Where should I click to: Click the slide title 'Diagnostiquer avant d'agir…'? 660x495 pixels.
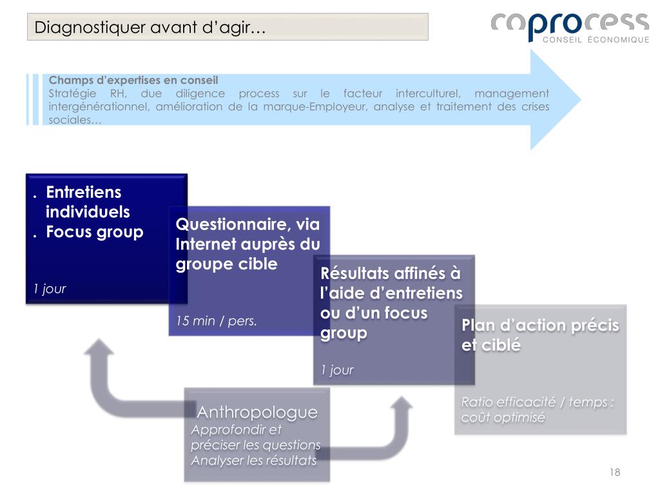[150, 28]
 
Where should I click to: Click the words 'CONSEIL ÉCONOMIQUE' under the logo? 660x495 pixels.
[596, 40]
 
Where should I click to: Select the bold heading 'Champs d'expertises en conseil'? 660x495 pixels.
[134, 81]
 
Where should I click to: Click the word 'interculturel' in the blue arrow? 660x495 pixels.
[425, 93]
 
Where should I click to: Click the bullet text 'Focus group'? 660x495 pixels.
[95, 232]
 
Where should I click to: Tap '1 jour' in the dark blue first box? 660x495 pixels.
[50, 289]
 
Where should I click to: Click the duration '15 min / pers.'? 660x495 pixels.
[217, 321]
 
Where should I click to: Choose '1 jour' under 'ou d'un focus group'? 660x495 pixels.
[337, 370]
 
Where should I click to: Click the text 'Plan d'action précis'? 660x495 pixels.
[539, 325]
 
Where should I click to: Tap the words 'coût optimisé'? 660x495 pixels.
[503, 418]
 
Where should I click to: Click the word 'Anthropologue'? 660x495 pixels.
[257, 412]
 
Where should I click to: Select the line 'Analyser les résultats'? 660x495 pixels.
[253, 460]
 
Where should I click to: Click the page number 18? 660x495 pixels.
[614, 472]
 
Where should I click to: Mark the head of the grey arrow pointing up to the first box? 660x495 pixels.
[99, 348]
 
